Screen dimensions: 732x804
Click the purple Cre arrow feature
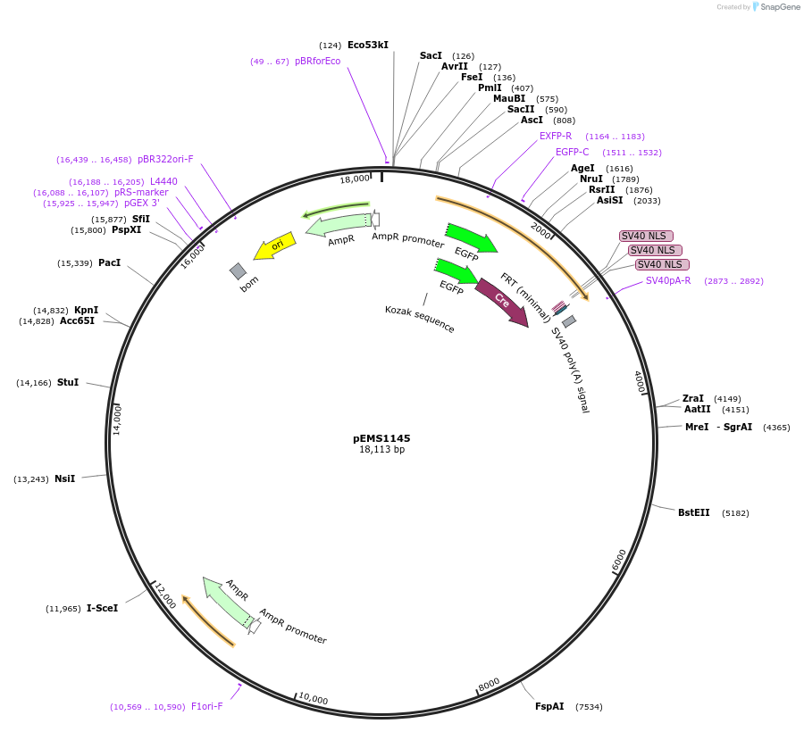(x=501, y=302)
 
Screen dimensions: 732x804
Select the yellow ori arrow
(x=275, y=245)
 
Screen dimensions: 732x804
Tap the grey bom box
(x=238, y=270)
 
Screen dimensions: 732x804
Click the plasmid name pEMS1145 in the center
(x=381, y=438)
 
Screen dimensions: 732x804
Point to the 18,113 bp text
(x=381, y=450)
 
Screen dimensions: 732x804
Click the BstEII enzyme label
(x=693, y=513)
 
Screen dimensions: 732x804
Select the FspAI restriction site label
(x=549, y=707)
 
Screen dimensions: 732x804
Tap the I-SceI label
(x=102, y=609)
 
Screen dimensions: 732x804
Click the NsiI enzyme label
(x=64, y=479)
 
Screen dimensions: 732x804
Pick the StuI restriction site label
(x=68, y=383)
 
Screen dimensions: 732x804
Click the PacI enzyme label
(x=109, y=263)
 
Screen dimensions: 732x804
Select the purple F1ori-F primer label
(x=206, y=707)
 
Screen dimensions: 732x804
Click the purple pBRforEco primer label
(x=317, y=62)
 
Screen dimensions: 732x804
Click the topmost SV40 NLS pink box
(x=646, y=237)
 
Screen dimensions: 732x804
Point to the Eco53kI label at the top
(x=367, y=46)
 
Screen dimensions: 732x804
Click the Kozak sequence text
(x=420, y=319)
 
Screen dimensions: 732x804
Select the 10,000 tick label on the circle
(x=314, y=699)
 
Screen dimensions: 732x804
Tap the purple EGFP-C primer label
(x=572, y=153)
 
